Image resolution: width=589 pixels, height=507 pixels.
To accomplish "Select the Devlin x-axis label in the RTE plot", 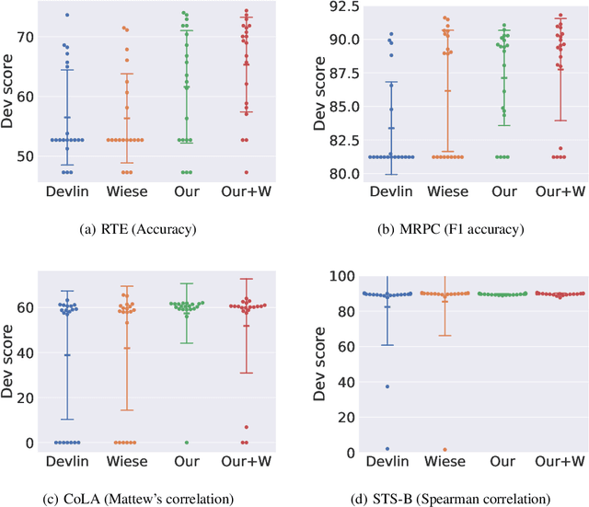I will pyautogui.click(x=67, y=192).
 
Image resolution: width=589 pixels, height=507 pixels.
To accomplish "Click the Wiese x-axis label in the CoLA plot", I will pyautogui.click(x=126, y=463).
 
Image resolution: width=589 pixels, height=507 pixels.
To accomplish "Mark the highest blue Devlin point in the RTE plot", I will pyautogui.click(x=67, y=15).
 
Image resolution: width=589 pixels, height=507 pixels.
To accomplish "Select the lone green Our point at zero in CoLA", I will pyautogui.click(x=187, y=443).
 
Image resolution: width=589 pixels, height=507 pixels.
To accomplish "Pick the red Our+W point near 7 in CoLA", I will pyautogui.click(x=246, y=427).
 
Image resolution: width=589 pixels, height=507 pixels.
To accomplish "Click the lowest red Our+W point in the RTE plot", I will pyautogui.click(x=246, y=172).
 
